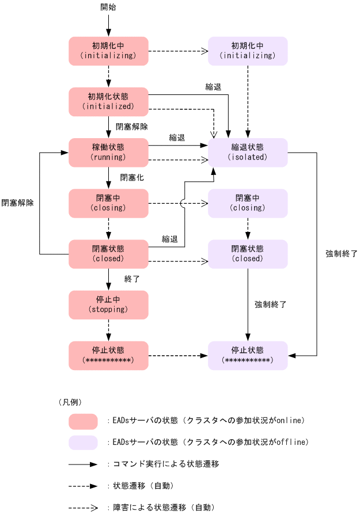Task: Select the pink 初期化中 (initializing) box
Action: click(x=108, y=51)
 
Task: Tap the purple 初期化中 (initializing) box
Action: click(x=248, y=51)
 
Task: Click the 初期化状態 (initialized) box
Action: click(x=108, y=102)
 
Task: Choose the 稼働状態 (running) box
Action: click(x=108, y=153)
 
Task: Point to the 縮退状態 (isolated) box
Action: click(x=248, y=153)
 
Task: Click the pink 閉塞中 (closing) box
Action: click(x=108, y=203)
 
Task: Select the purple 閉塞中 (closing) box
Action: click(x=248, y=203)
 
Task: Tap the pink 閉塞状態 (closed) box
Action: click(x=108, y=254)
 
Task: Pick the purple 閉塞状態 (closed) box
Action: click(x=248, y=254)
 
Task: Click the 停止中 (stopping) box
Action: click(x=108, y=304)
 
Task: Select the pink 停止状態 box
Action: click(x=108, y=355)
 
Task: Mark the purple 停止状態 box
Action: click(x=248, y=355)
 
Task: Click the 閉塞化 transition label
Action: click(x=132, y=177)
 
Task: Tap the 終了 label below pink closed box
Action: click(x=132, y=279)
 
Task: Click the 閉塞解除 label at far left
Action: click(x=17, y=203)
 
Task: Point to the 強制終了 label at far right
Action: click(x=342, y=253)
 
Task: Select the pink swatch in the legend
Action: click(x=83, y=421)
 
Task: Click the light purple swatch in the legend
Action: click(x=83, y=442)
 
